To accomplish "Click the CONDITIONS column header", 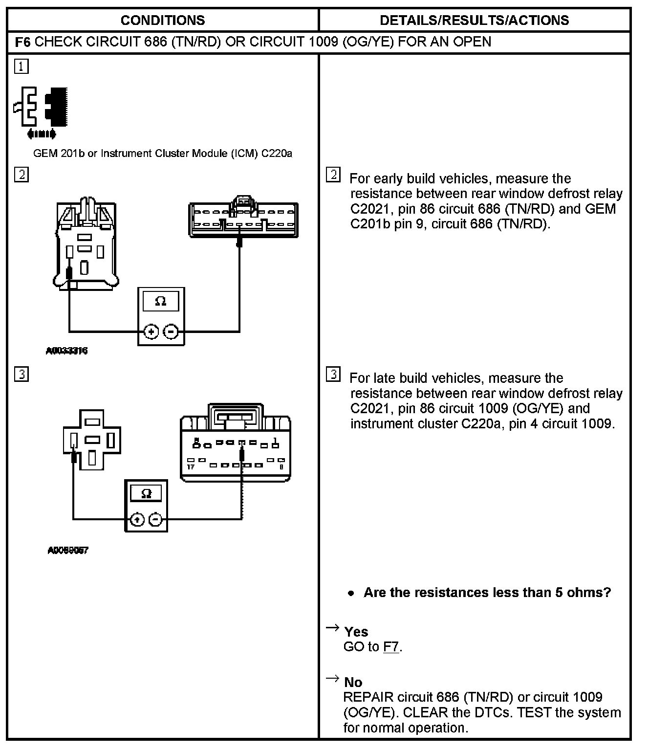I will point(162,20).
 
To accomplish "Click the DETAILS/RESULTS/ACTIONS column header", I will point(474,20).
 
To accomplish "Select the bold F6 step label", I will point(23,42).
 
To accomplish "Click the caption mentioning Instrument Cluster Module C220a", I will point(162,154).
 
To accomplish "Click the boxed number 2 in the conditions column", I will point(22,175).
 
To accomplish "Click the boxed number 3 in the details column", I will point(333,375).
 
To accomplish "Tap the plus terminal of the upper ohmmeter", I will point(151,332).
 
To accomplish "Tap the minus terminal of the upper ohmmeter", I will point(171,332).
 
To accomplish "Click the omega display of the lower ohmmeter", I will point(146,493).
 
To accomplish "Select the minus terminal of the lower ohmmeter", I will point(155,519).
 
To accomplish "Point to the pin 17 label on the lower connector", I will point(191,467).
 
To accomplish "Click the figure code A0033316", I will point(67,351).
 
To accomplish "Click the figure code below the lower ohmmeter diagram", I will point(68,550).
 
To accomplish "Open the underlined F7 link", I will point(391,647).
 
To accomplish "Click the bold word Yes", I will point(356,632).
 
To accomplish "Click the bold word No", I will point(353,682).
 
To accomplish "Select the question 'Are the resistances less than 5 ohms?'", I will point(487,593).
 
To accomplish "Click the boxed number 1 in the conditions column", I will point(22,66).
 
